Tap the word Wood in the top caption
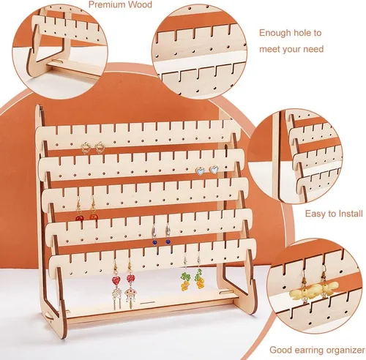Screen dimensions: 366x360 click(141, 4)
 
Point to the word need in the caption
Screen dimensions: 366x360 click(313, 49)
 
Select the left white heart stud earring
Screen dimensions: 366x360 click(201, 170)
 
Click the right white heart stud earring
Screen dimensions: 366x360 click(214, 169)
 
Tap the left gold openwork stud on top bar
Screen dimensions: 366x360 click(86, 147)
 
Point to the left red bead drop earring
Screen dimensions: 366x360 click(79, 209)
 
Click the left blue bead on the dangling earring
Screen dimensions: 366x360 click(154, 241)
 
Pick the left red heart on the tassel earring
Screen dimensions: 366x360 click(116, 280)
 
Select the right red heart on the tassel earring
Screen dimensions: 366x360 click(130, 278)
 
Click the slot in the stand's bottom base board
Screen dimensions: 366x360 click(148, 303)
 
